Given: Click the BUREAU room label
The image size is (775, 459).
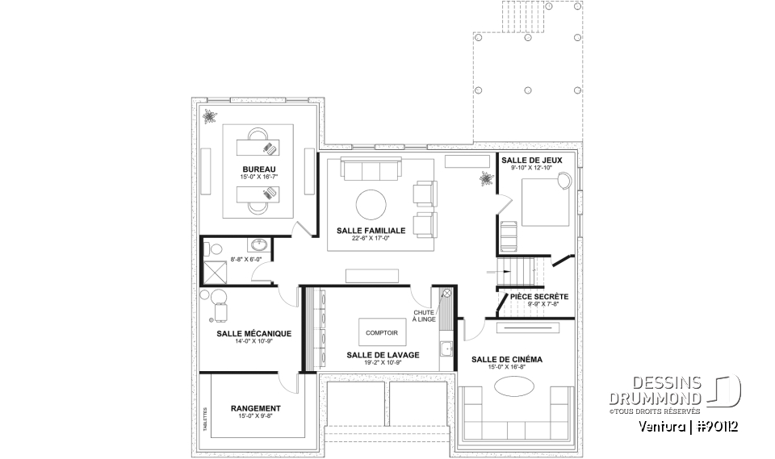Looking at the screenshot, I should [253, 169].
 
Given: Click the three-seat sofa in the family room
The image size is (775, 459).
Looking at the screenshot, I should [371, 170].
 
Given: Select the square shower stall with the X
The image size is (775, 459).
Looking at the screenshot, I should [214, 272].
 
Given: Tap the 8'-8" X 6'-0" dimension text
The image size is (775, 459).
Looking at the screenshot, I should [246, 260].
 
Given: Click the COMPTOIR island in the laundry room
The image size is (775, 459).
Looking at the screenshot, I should [381, 332].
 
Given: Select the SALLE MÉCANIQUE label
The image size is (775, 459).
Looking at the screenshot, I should [253, 333].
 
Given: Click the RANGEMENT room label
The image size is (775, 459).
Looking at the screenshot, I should [255, 409].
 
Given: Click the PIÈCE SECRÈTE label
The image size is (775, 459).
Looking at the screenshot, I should [539, 297].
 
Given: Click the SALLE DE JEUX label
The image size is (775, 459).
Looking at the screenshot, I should [526, 161].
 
